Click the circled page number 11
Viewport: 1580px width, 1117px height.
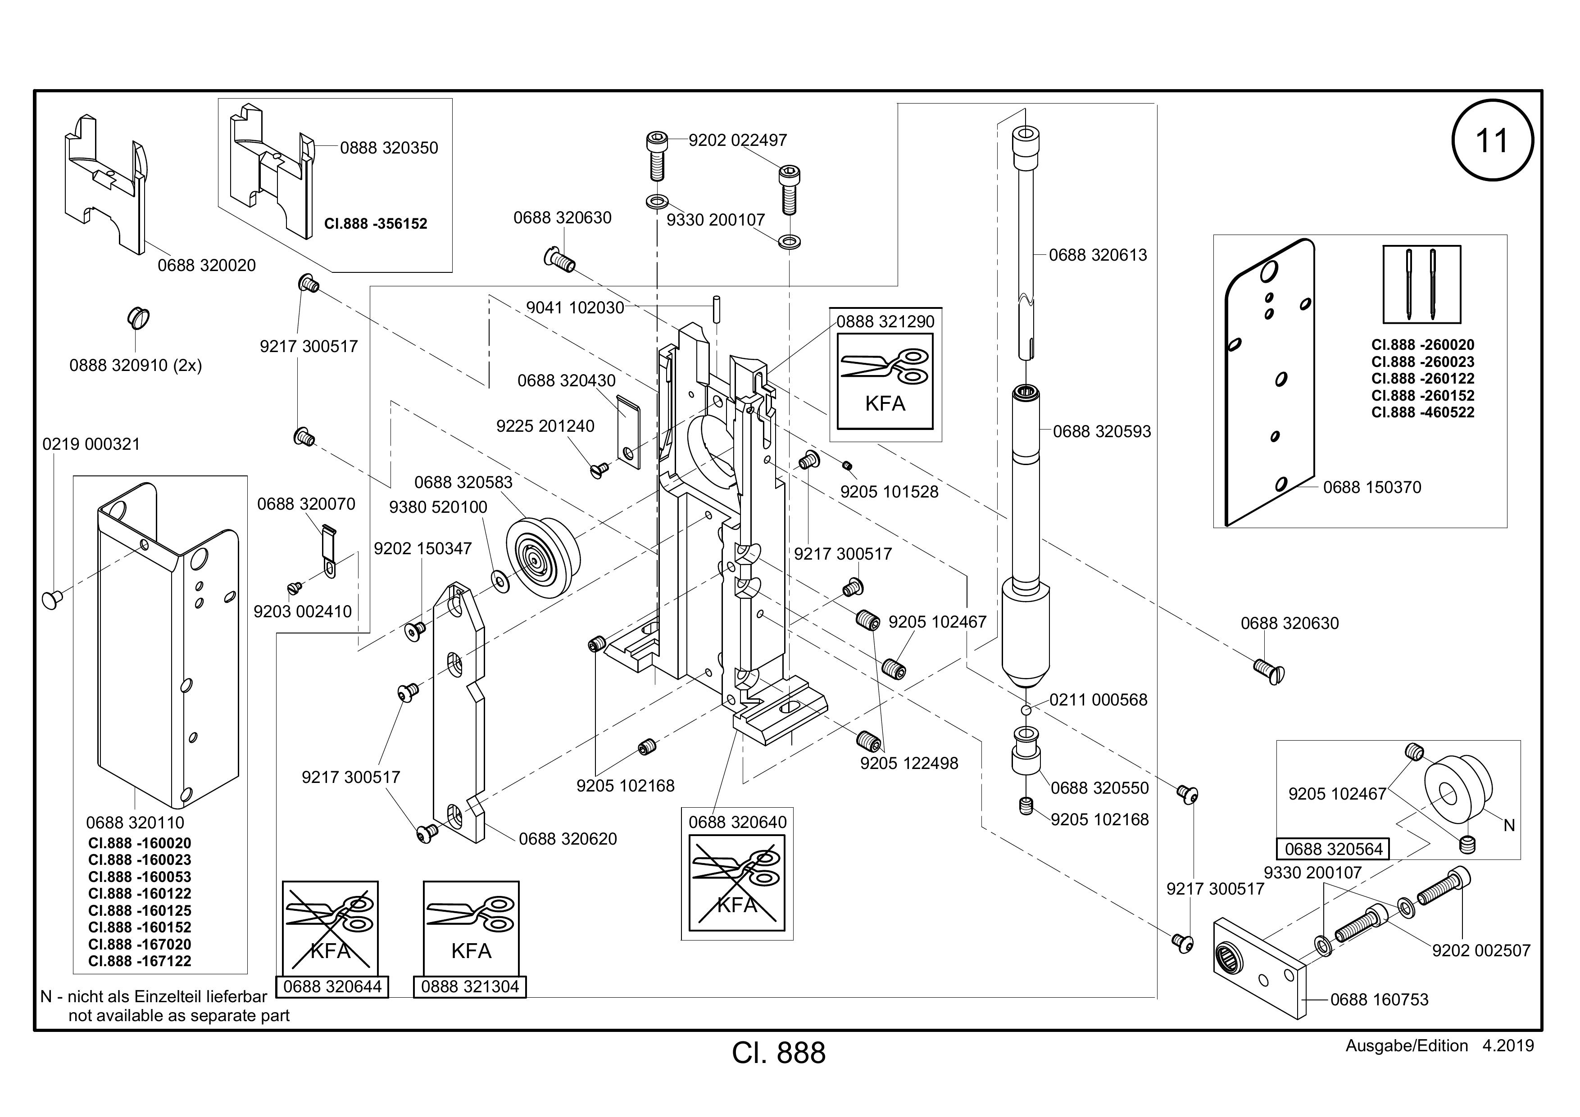(x=1492, y=140)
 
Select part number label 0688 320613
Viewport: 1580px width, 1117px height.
(x=1098, y=255)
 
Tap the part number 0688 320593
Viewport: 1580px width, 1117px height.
(x=1102, y=432)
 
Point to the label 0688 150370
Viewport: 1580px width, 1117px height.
(x=1372, y=488)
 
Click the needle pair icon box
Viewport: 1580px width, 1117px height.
(x=1422, y=284)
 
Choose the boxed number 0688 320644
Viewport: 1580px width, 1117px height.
(x=332, y=987)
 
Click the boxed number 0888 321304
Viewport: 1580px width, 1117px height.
(x=470, y=987)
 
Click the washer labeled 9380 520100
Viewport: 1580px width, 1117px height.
(x=498, y=580)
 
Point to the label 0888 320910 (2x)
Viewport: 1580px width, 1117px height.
(x=136, y=365)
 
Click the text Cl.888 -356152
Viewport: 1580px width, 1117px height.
(x=376, y=224)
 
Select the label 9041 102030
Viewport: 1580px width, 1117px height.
(x=575, y=308)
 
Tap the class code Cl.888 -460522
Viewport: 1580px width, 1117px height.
(x=1422, y=413)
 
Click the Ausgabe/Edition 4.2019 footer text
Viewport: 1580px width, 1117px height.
(x=1439, y=1046)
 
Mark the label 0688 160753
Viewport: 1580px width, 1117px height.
(x=1379, y=1000)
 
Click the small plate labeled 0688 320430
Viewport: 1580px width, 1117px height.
(x=628, y=432)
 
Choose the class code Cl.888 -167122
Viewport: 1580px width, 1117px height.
(x=140, y=962)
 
